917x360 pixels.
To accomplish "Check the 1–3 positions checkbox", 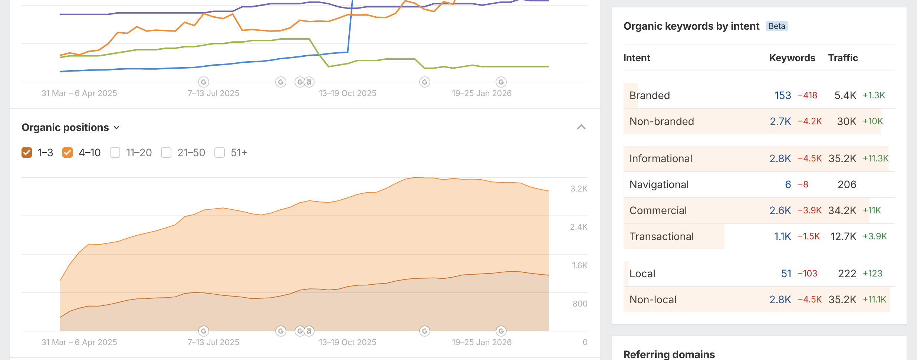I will pyautogui.click(x=27, y=153).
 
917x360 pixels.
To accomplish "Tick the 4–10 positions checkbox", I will pyautogui.click(x=68, y=153).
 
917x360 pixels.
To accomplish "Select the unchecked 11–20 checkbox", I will pyautogui.click(x=115, y=153).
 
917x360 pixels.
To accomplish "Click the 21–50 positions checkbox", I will pyautogui.click(x=166, y=153).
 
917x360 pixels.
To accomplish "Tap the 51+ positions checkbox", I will pyautogui.click(x=220, y=153).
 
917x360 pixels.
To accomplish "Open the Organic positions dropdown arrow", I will pyautogui.click(x=116, y=128).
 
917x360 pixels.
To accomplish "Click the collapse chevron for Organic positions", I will pyautogui.click(x=581, y=127).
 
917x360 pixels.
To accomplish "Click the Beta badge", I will pyautogui.click(x=777, y=26).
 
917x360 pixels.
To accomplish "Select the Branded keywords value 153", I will pyautogui.click(x=783, y=95).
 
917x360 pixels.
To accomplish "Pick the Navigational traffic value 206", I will pyautogui.click(x=847, y=184).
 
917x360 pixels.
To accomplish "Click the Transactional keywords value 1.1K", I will pyautogui.click(x=782, y=236).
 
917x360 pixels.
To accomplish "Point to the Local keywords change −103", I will pyautogui.click(x=808, y=274).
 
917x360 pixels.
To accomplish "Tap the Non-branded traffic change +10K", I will pyautogui.click(x=873, y=121).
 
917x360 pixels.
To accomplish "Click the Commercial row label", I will pyautogui.click(x=658, y=210).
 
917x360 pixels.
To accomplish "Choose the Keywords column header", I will pyautogui.click(x=792, y=58).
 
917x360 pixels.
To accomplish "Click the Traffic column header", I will pyautogui.click(x=843, y=58).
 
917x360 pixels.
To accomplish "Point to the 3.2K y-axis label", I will pyautogui.click(x=579, y=189).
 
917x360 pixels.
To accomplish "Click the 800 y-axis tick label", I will pyautogui.click(x=580, y=304).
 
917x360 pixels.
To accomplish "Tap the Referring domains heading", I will pyautogui.click(x=669, y=354).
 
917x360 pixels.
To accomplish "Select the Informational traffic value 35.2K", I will pyautogui.click(x=842, y=158).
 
